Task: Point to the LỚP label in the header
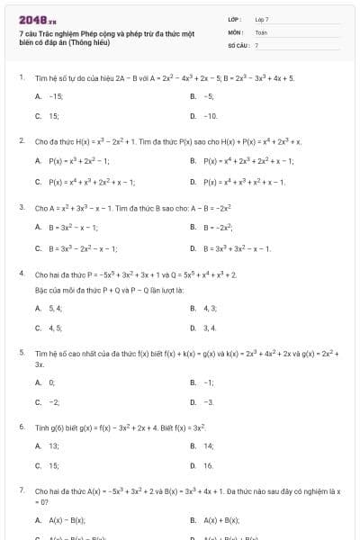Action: [x=234, y=19]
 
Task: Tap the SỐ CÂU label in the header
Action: [x=237, y=44]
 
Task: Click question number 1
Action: [x=21, y=77]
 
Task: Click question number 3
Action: [x=21, y=207]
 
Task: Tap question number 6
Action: [x=21, y=426]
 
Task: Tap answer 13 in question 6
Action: [x=54, y=445]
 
